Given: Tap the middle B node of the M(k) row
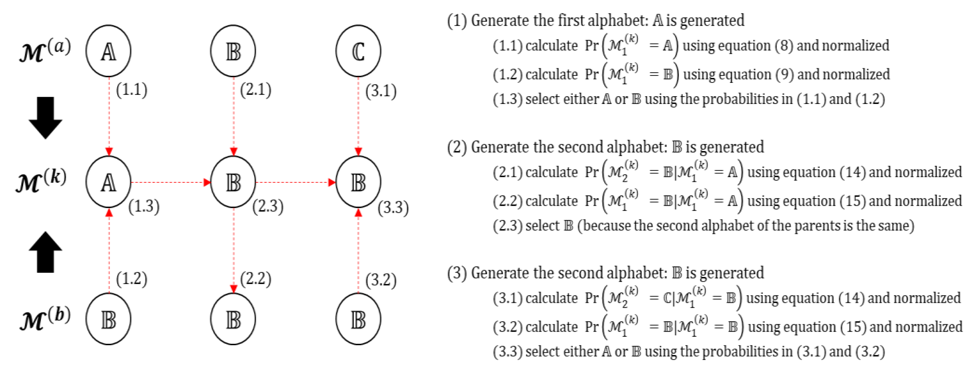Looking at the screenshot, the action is pos(233,182).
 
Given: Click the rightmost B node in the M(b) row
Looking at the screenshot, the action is pos(358,319).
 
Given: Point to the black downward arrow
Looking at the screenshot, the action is pos(46,118).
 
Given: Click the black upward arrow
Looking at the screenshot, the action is pos(46,252).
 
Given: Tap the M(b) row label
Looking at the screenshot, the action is pos(45,319).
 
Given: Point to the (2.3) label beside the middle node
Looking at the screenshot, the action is pos(268,207).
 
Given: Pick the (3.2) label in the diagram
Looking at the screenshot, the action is pos(381,281).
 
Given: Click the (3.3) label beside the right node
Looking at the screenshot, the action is pos(393,208).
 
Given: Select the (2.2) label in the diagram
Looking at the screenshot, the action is pos(256,279).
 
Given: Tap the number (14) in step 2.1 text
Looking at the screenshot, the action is pos(852,172).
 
